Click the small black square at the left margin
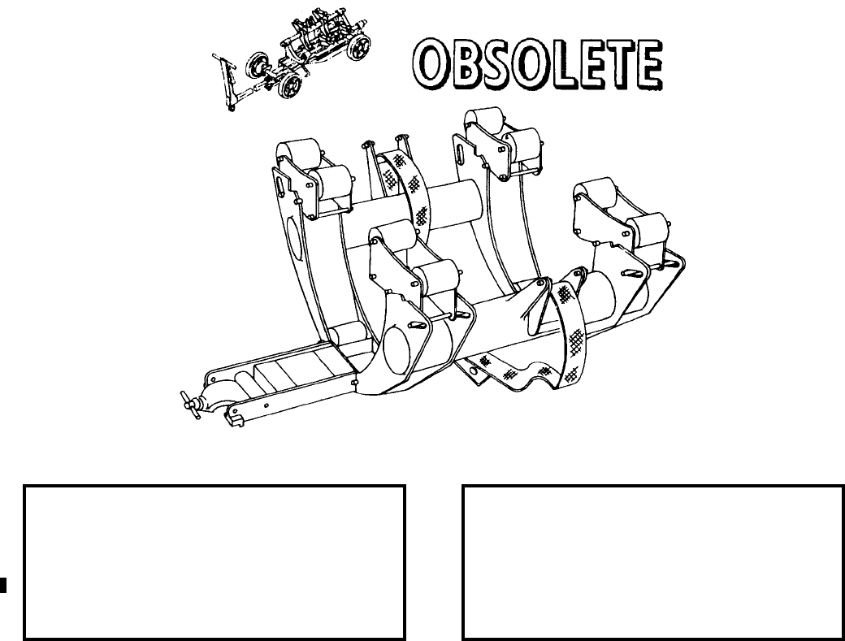pos(3,582)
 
